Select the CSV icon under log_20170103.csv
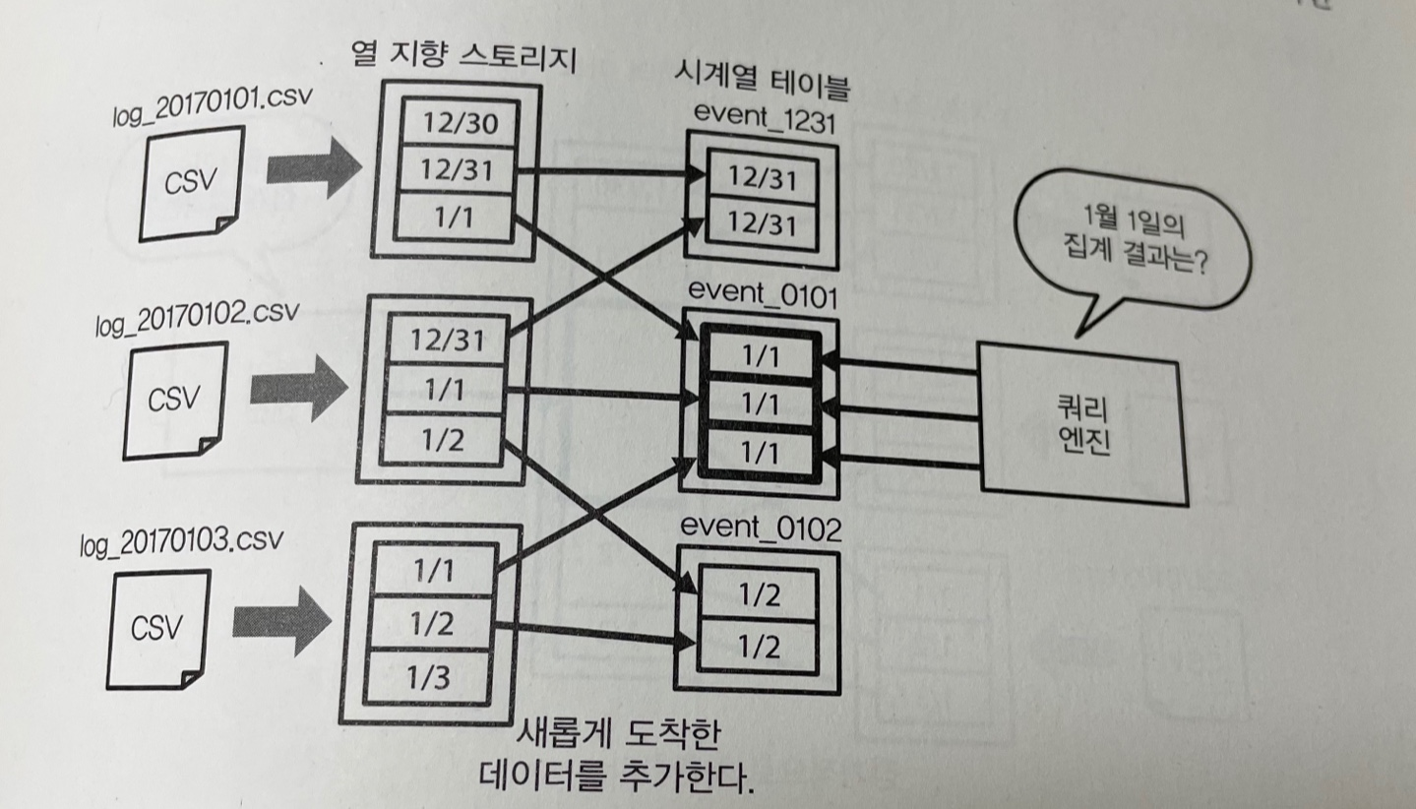tap(157, 627)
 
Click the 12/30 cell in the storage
tap(456, 124)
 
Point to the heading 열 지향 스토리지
tap(463, 61)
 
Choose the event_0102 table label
tap(761, 529)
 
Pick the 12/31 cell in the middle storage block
tap(449, 341)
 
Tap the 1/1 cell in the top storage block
tap(454, 218)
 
